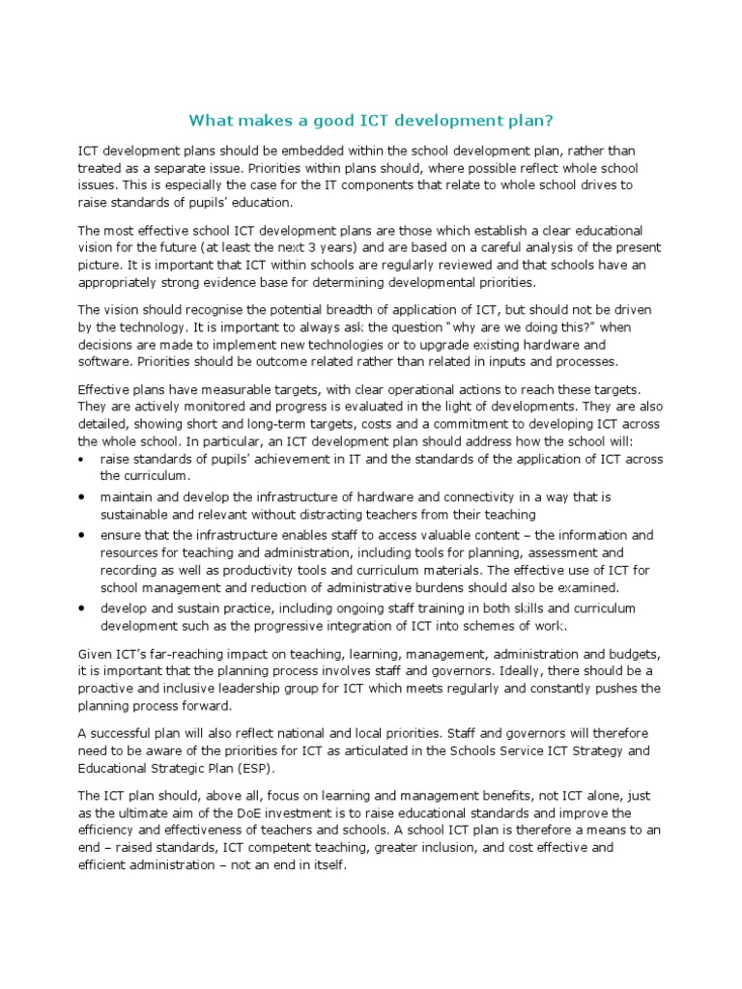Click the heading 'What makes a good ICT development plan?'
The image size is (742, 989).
(x=371, y=121)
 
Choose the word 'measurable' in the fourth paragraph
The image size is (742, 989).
(x=227, y=389)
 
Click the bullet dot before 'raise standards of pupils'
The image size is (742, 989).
(x=82, y=459)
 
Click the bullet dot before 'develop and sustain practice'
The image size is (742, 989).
(x=82, y=608)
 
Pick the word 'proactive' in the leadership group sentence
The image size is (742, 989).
(x=108, y=689)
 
